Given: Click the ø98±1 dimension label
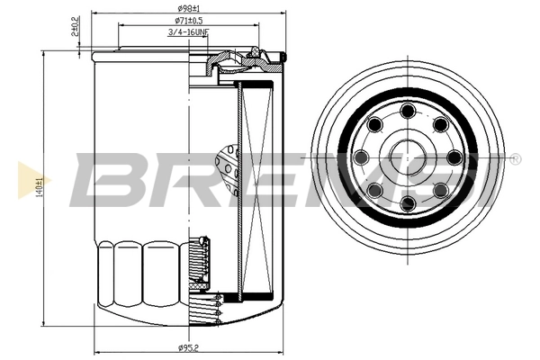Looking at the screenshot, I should (x=188, y=8).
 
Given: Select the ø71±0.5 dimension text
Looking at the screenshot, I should (x=188, y=21).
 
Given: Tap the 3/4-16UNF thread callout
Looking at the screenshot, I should (x=188, y=33).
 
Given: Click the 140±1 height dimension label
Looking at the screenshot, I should (x=39, y=187).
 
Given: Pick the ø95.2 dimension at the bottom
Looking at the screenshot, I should (x=188, y=348).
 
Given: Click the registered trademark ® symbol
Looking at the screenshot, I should (x=514, y=159).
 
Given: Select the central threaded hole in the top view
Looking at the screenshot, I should (x=408, y=157).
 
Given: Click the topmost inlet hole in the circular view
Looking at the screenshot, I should (x=408, y=111).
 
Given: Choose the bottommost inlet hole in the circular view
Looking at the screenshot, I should (x=408, y=203).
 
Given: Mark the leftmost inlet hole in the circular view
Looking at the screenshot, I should (x=362, y=157).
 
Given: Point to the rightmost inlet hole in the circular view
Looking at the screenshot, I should (x=454, y=157).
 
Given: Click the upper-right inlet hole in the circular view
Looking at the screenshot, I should (x=440, y=124).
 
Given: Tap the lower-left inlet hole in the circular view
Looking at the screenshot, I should (x=375, y=190).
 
